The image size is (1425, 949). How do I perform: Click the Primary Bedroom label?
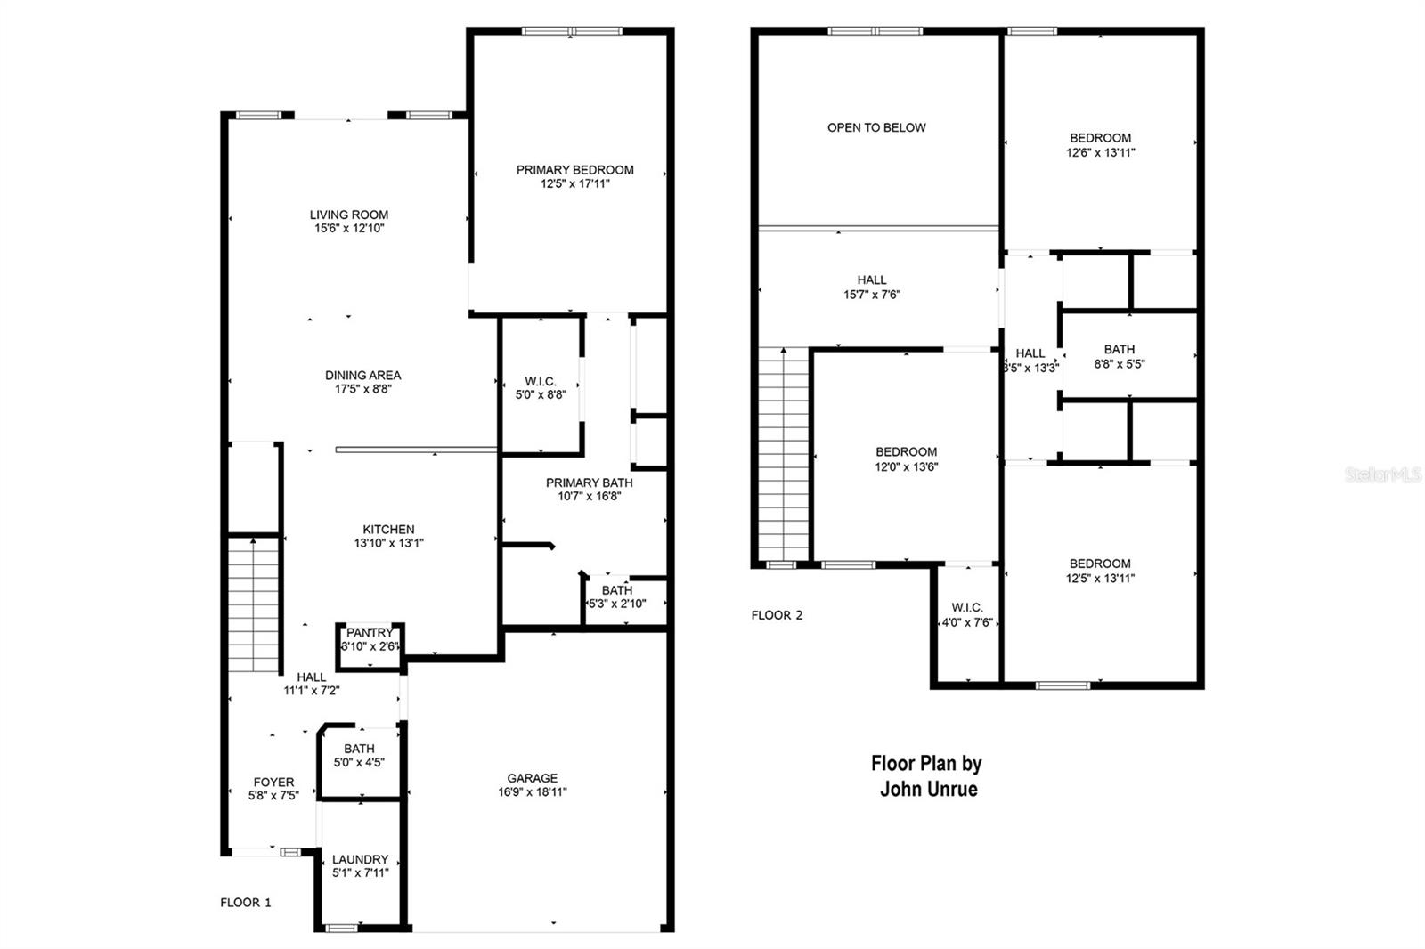[574, 170]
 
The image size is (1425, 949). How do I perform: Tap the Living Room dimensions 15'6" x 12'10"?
[349, 229]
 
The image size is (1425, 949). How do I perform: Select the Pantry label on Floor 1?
[370, 633]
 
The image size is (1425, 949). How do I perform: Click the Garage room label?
[533, 778]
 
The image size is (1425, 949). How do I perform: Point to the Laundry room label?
[360, 859]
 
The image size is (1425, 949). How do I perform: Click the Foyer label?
[273, 783]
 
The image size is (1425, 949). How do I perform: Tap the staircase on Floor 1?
[254, 605]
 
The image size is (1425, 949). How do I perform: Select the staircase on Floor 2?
[783, 454]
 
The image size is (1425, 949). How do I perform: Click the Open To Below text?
[876, 128]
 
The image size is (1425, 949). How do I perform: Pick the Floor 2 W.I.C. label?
[967, 608]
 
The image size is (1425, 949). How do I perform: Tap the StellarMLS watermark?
[1383, 475]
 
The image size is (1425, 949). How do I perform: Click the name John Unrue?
[928, 790]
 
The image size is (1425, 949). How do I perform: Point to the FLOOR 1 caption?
[246, 903]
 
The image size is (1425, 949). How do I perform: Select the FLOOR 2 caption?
[777, 615]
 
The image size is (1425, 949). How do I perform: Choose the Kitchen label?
[388, 530]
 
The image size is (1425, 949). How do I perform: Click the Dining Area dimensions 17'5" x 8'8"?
[362, 389]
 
